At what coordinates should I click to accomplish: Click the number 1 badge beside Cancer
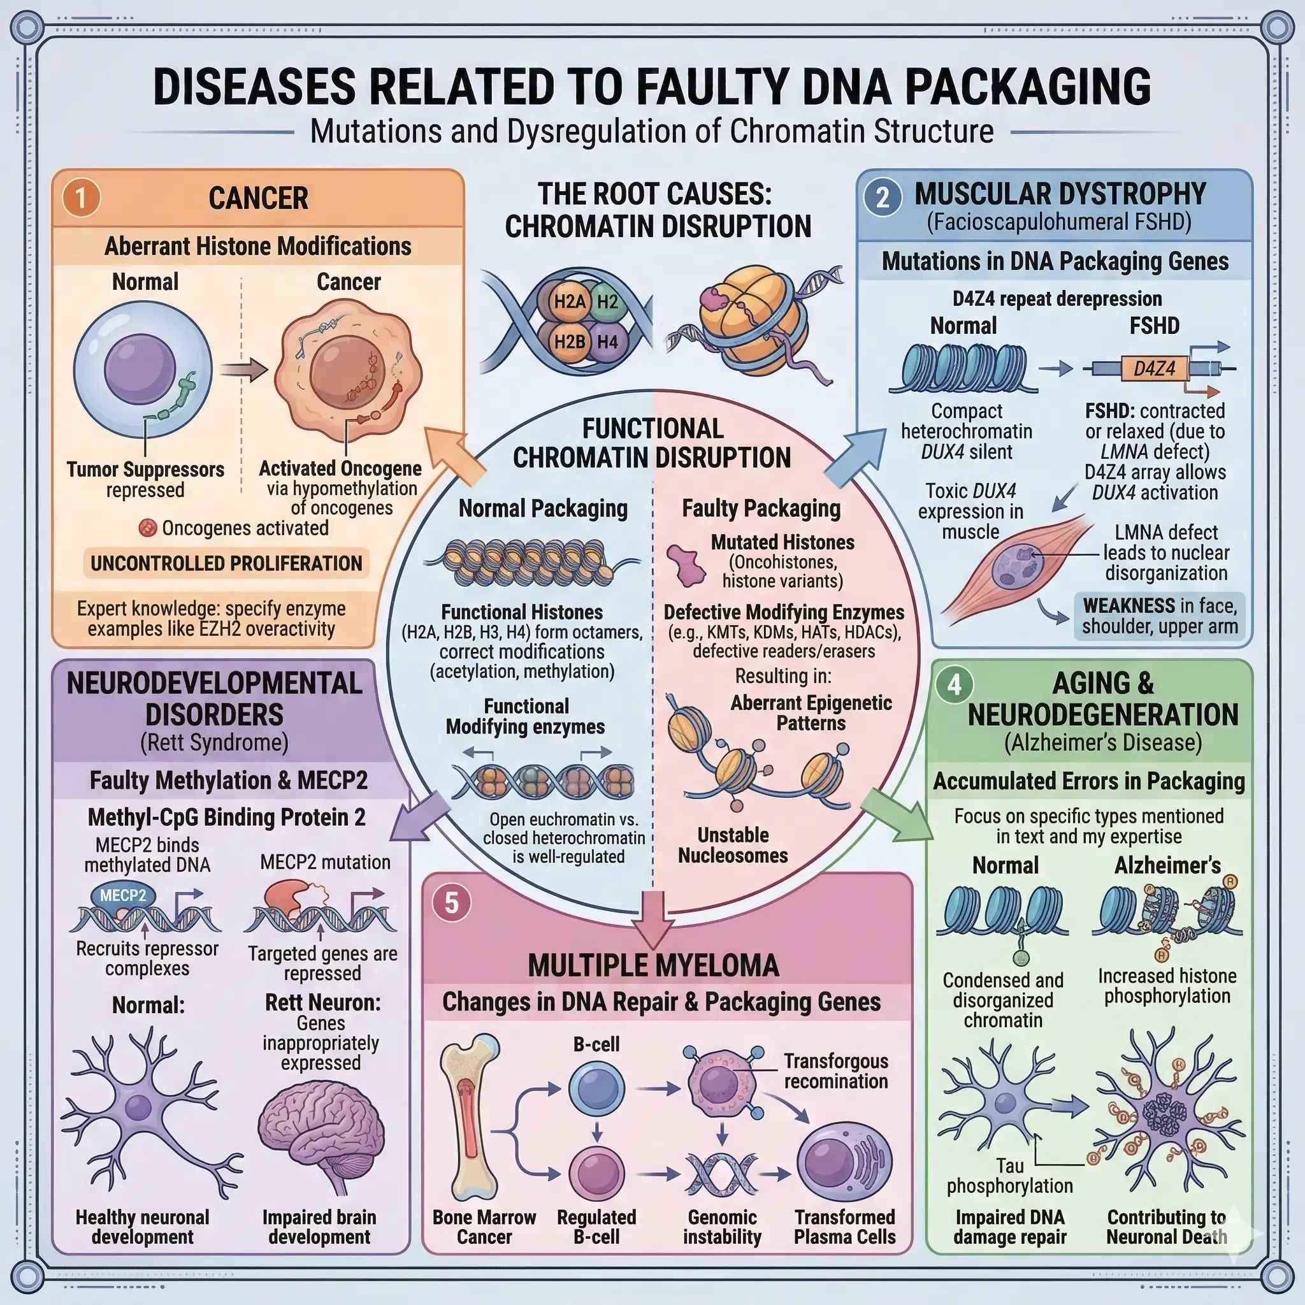[x=81, y=198]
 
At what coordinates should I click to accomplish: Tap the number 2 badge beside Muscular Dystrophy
[x=882, y=198]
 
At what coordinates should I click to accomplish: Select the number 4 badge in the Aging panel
[x=954, y=684]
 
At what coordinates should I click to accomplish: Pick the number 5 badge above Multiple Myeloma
[x=451, y=902]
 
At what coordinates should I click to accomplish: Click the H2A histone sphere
[x=569, y=301]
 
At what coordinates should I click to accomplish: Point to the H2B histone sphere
[x=569, y=342]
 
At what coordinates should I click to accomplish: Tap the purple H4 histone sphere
[x=607, y=342]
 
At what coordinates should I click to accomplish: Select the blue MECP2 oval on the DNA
[x=123, y=896]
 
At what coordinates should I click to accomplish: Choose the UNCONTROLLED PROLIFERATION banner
[x=226, y=563]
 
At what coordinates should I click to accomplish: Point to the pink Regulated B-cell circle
[x=596, y=1171]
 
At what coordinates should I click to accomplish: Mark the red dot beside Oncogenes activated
[x=148, y=528]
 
